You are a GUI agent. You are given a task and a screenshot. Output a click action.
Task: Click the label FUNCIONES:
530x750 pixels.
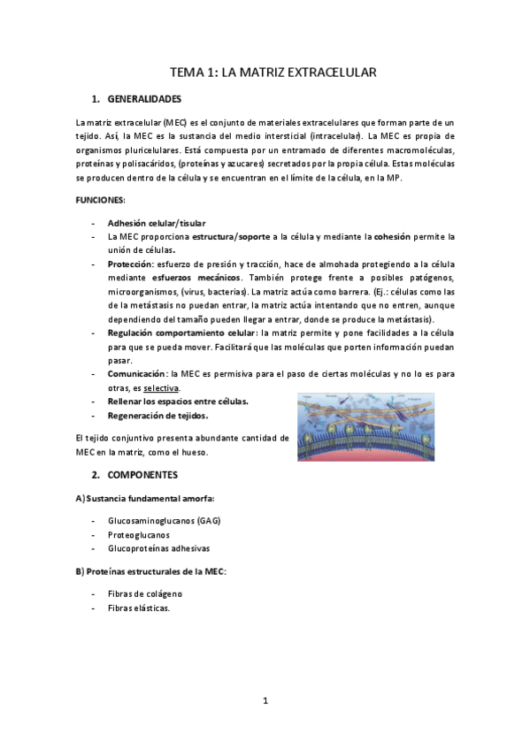coord(100,201)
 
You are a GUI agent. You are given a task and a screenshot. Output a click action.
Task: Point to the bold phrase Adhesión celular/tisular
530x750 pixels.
coord(156,223)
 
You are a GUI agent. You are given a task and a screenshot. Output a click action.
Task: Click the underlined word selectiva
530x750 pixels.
coord(162,387)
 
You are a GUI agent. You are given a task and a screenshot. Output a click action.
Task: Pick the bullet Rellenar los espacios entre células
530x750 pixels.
coord(177,402)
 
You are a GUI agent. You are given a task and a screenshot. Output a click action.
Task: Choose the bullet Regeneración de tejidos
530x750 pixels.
coord(157,415)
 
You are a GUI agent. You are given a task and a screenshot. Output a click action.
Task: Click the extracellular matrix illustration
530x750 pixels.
coord(375,428)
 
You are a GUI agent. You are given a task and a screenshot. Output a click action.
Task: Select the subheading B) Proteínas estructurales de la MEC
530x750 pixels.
coord(151,571)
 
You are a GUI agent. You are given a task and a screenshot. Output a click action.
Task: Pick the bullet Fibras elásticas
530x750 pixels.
coord(138,608)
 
